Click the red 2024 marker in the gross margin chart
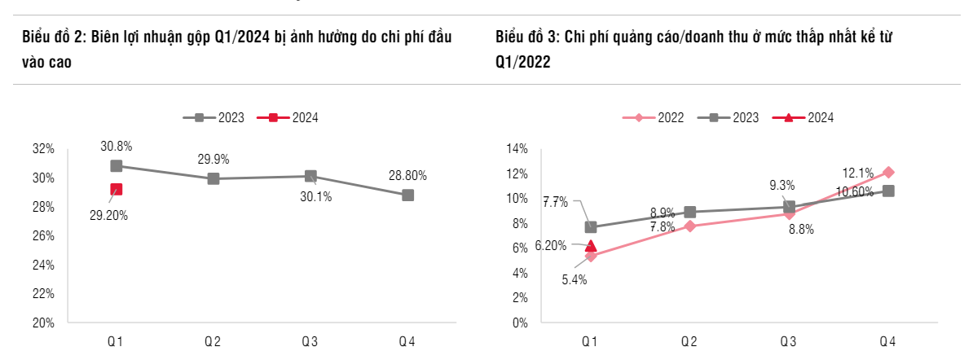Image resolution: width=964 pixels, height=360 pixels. (x=117, y=190)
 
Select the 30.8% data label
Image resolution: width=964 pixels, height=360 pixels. (x=117, y=147)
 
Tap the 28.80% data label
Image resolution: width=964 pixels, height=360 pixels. (x=407, y=175)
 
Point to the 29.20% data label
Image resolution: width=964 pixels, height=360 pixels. (x=108, y=216)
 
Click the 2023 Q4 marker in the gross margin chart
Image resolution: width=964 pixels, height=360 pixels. (x=407, y=195)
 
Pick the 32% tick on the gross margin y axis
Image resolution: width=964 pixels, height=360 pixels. (x=43, y=149)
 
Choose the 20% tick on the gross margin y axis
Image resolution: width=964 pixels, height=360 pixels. (x=43, y=323)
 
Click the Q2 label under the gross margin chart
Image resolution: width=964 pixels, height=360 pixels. (x=213, y=342)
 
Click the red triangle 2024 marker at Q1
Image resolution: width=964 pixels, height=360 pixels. (x=591, y=245)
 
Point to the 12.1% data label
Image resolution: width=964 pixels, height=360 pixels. (x=857, y=173)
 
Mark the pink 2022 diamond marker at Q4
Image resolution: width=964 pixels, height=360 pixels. (x=888, y=173)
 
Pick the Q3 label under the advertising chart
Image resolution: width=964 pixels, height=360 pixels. (x=788, y=342)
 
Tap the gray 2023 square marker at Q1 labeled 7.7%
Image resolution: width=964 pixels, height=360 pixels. (x=591, y=227)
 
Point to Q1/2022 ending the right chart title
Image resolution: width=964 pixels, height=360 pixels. (x=522, y=63)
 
